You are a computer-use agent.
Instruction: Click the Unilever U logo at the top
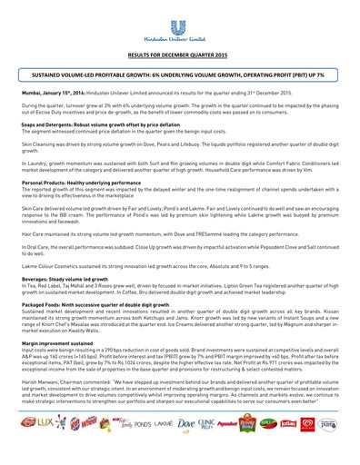(x=179, y=13)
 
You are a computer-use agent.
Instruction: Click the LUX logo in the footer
(x=45, y=450)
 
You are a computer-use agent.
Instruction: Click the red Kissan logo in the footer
(x=308, y=449)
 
